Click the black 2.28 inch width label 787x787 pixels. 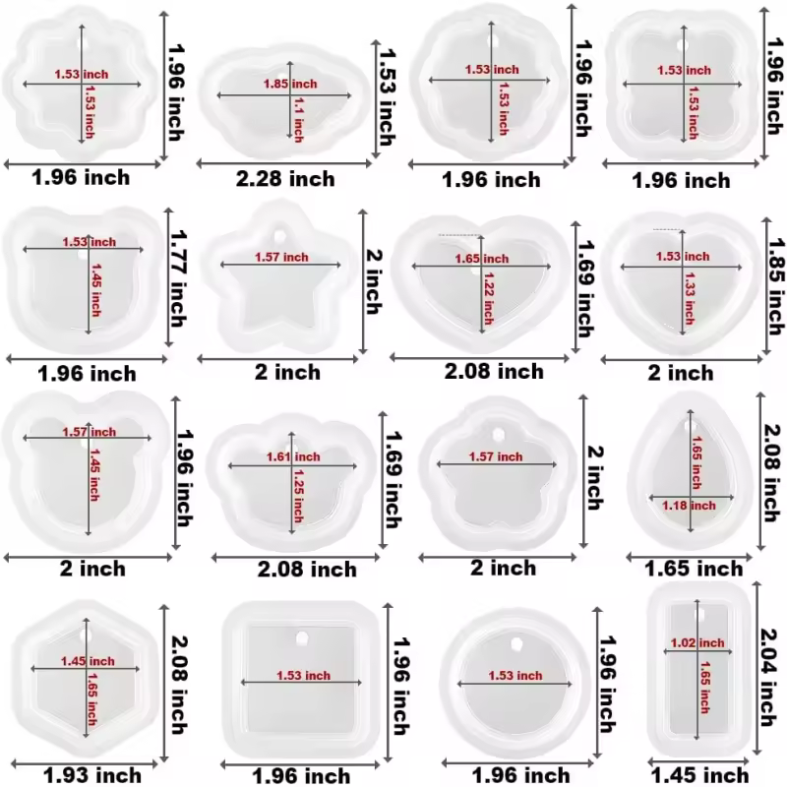tap(285, 179)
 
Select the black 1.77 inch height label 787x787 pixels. tap(178, 278)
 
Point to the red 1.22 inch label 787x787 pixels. tap(488, 298)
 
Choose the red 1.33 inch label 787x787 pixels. tap(690, 299)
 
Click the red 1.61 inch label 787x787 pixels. tap(293, 456)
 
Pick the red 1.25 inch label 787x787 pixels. tap(299, 496)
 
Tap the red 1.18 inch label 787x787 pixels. tap(689, 506)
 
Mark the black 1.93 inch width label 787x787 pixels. tap(92, 775)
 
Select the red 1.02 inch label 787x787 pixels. tap(697, 643)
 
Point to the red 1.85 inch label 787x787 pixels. tap(290, 84)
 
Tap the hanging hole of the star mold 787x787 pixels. tap(279, 236)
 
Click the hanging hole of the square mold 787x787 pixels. tap(302, 638)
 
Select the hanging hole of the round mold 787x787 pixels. tap(515, 643)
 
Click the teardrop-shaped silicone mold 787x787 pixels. tap(691, 472)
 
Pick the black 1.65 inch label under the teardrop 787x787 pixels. tap(694, 569)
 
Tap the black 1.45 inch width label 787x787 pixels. tap(699, 775)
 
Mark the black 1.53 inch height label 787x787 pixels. tap(386, 96)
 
